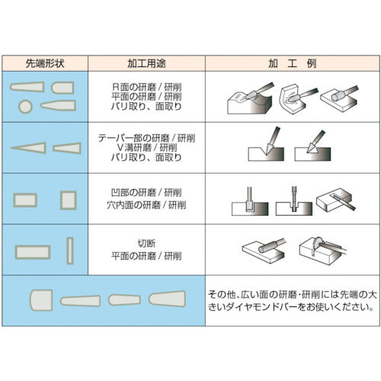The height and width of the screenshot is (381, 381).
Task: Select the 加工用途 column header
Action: point(147,64)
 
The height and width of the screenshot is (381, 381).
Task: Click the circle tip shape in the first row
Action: point(25,105)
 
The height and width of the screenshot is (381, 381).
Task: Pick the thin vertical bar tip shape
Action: point(69,249)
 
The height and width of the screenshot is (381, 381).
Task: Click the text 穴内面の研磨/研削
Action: point(147,205)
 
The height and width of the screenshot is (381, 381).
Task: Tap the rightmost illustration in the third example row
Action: point(336,200)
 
